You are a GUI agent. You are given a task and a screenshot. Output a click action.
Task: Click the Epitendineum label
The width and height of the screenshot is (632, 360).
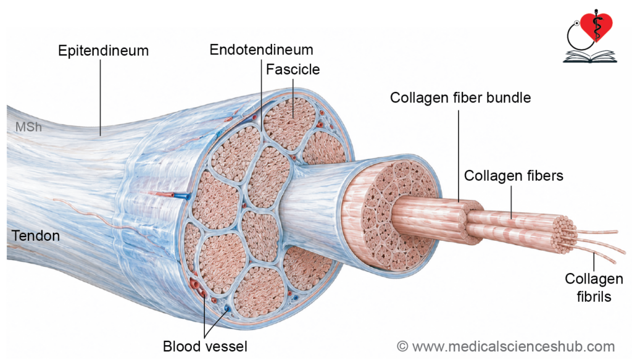(x=103, y=51)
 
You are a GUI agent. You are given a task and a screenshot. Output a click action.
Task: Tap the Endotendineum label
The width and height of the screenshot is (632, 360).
(x=261, y=49)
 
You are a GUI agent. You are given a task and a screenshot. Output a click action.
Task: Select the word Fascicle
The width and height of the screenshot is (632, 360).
(x=293, y=69)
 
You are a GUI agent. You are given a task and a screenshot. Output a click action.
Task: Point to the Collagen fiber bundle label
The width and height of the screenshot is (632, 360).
(x=460, y=98)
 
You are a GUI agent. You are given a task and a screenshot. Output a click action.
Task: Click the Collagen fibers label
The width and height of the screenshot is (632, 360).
(x=513, y=176)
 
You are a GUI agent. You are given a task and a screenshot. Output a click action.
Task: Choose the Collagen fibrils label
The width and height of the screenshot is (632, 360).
(x=594, y=287)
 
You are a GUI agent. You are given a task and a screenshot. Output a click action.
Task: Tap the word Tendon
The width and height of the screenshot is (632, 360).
(x=36, y=236)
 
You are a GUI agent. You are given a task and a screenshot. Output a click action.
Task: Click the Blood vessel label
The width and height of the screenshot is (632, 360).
(x=205, y=346)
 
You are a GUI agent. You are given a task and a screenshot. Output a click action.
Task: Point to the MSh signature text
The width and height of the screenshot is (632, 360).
(x=28, y=127)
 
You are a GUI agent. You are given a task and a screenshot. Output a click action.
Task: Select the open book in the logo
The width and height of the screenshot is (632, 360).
(x=589, y=57)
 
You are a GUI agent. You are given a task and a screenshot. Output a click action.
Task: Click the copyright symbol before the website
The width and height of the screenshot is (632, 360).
(x=402, y=346)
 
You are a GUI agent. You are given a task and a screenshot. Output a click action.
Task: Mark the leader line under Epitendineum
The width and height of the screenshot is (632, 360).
(x=100, y=98)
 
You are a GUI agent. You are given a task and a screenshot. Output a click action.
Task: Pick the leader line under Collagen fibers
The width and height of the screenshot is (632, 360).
(x=511, y=203)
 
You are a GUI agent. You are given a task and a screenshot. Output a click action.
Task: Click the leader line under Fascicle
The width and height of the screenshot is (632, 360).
(x=293, y=99)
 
